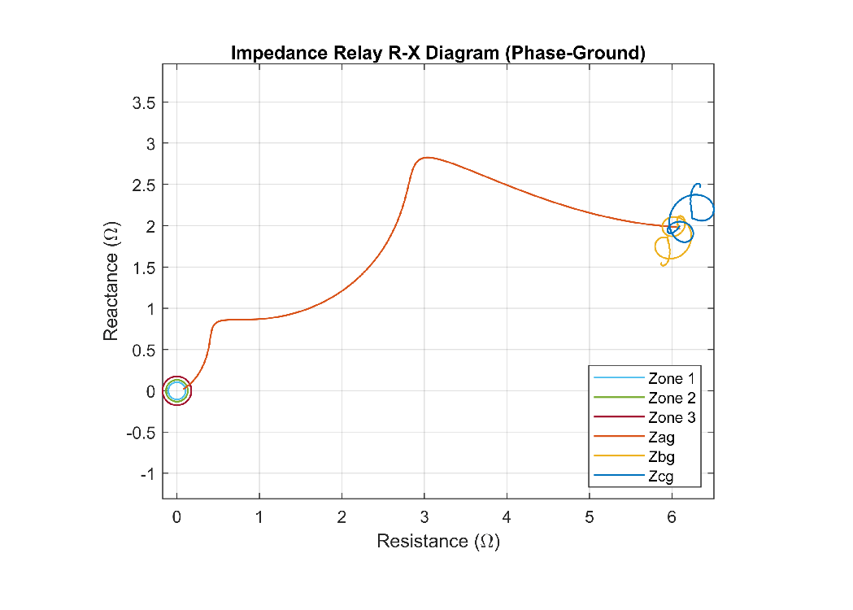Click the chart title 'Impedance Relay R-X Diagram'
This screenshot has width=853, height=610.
coord(437,54)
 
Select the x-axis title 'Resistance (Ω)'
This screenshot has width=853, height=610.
coord(437,541)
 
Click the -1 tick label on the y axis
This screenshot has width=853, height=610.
coord(148,473)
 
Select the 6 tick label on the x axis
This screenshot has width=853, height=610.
coord(672,517)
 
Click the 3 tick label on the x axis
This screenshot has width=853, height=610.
coord(424,517)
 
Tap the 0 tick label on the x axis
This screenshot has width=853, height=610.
coord(177,517)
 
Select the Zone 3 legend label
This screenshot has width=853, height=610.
coord(672,418)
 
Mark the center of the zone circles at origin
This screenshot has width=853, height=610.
coord(177,391)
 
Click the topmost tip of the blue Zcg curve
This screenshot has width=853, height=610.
coord(697,185)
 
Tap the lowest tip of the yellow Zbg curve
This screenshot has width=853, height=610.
coord(664,264)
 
